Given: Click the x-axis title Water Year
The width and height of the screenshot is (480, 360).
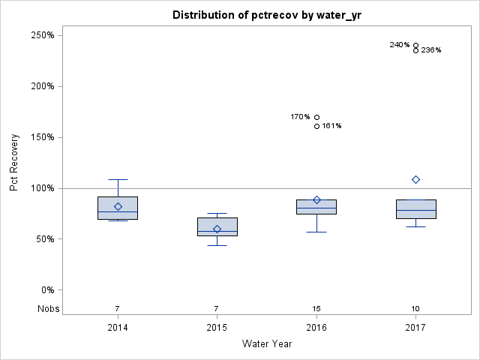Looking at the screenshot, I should click(x=266, y=344).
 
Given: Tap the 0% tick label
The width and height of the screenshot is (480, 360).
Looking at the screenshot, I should click(x=46, y=290).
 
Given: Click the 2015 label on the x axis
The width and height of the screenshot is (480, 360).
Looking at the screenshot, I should click(x=217, y=328).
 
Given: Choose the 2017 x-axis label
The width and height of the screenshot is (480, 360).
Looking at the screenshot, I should click(x=415, y=328).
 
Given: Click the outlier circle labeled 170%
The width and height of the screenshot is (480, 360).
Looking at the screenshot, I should click(x=316, y=117).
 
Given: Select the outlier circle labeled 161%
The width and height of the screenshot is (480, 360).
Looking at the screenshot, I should click(x=316, y=126).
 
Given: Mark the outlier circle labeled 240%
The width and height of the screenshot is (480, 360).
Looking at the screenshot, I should click(x=415, y=45).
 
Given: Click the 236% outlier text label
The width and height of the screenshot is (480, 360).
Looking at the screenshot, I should click(x=431, y=50).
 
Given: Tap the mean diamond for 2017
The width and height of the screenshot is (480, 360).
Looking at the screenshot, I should click(x=415, y=179).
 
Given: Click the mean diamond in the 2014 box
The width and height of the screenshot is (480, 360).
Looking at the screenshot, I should click(x=118, y=206).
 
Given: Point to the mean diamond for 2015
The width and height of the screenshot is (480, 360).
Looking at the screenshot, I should click(x=217, y=229).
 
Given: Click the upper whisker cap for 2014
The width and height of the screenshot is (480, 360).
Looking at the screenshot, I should click(x=118, y=179).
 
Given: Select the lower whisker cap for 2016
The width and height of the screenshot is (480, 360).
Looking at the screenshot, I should click(x=316, y=232).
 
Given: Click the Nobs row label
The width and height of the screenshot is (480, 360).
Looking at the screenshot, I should click(x=46, y=309).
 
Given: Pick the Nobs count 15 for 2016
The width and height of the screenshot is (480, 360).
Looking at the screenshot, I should click(x=316, y=309).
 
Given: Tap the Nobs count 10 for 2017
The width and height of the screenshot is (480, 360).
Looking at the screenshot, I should click(x=415, y=309).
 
